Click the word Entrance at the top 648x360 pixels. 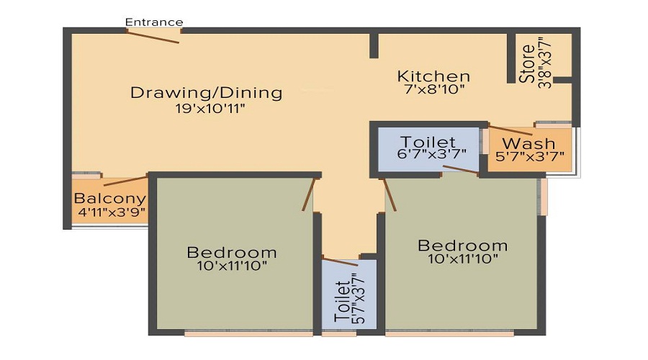coord(154,22)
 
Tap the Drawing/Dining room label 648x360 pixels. coord(206,93)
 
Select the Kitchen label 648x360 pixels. coord(434,76)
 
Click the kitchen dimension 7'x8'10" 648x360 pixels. coord(433,90)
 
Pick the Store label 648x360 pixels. coord(528,64)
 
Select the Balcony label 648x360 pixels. coord(110,199)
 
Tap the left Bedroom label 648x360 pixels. coord(231,253)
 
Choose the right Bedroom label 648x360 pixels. coord(463,246)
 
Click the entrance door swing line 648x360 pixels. coord(153,35)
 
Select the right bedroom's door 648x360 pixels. coord(390,194)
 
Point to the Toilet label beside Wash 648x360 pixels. coord(428,142)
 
